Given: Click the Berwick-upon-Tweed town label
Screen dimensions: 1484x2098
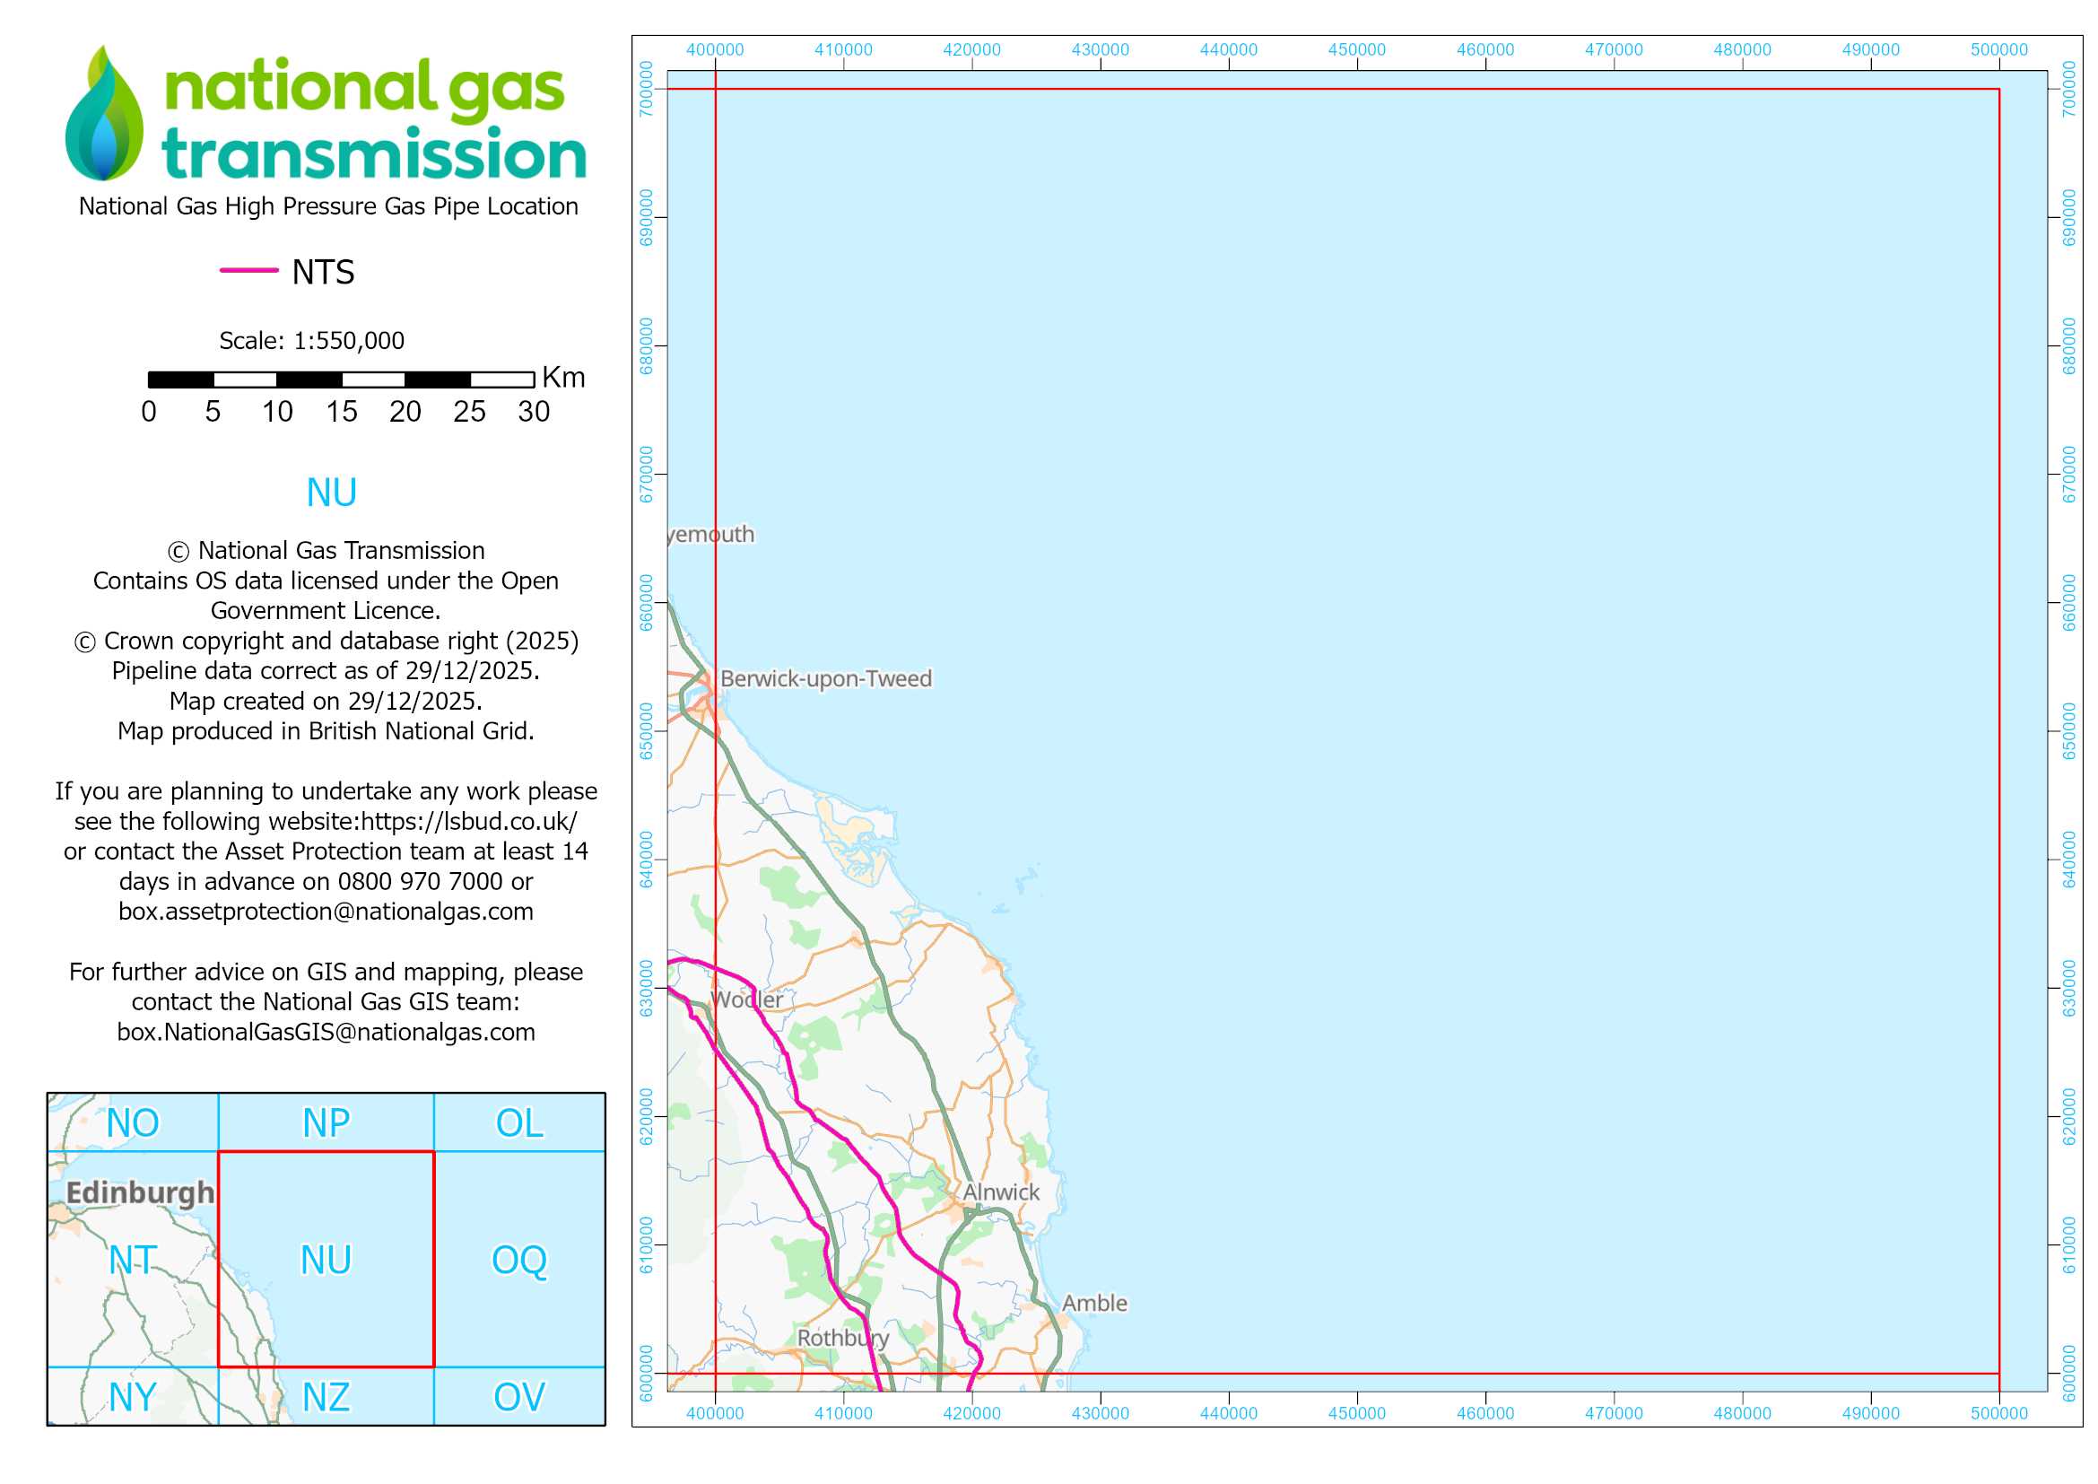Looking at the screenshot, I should tap(825, 679).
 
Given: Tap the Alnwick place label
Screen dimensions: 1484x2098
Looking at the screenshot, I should tap(1001, 1192).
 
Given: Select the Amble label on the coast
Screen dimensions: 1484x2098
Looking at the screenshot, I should tap(1093, 1303).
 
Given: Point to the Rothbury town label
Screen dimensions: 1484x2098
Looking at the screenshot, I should tap(842, 1338).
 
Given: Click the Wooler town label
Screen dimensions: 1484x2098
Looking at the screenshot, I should tap(746, 1000).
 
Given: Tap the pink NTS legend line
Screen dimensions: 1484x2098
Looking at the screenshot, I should tap(248, 270).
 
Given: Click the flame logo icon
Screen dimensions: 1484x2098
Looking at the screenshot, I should tap(104, 114).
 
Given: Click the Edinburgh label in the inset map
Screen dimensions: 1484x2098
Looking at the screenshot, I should tap(140, 1192).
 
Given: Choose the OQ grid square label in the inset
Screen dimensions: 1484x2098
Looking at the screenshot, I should tap(519, 1260).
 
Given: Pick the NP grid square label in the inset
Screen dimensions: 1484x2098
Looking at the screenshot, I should tap(326, 1123).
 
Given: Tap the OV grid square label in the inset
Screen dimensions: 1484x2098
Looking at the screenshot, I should tap(519, 1397).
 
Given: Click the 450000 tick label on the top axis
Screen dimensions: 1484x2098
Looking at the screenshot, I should tap(1356, 49).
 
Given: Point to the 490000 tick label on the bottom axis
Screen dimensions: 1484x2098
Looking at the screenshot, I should tap(1870, 1414).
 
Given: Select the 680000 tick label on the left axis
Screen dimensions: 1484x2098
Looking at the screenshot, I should tap(647, 346).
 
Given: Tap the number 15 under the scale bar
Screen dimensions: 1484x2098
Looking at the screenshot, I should tap(342, 412).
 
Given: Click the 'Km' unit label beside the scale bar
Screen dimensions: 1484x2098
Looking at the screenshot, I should tap(563, 378).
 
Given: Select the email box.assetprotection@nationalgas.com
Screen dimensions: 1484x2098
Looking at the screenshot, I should tap(326, 911).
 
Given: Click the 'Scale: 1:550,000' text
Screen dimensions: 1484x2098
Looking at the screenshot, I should tap(311, 341).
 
